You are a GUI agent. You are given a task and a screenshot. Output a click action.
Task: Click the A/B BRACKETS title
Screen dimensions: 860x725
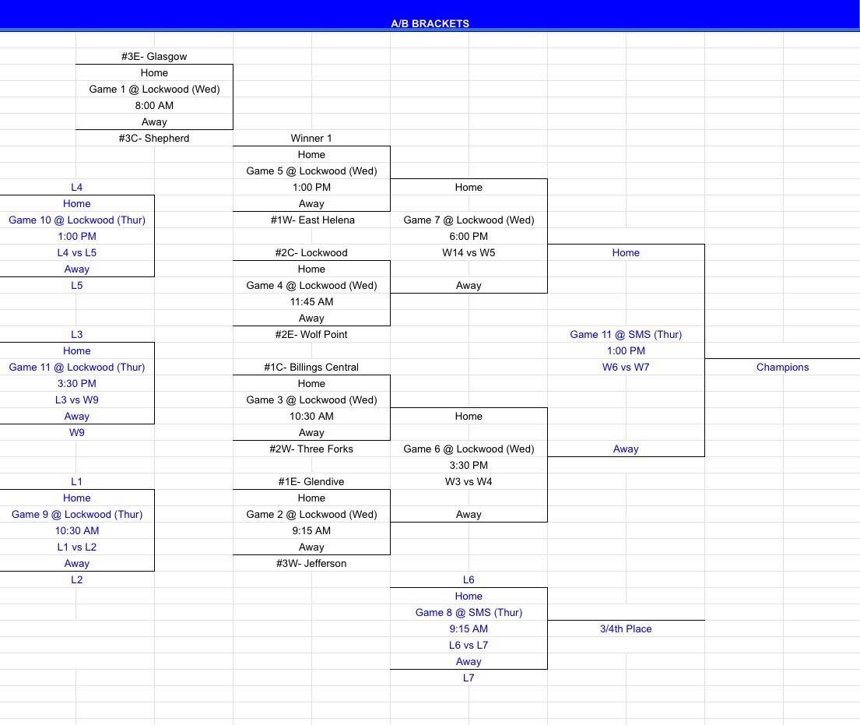(x=430, y=23)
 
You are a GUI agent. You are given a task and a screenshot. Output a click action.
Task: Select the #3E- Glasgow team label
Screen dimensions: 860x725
(x=154, y=57)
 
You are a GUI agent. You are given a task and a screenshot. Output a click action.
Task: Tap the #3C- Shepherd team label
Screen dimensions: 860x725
(x=154, y=139)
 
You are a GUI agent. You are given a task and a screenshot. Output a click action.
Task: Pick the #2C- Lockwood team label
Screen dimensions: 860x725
(x=311, y=253)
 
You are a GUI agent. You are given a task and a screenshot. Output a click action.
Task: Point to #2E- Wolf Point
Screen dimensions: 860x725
(x=311, y=335)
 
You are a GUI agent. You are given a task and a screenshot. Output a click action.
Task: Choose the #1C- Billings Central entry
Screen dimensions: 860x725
(x=311, y=367)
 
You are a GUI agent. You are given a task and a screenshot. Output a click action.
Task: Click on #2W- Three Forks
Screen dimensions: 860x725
(x=311, y=449)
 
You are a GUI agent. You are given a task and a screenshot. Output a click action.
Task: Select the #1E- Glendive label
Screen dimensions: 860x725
(x=311, y=482)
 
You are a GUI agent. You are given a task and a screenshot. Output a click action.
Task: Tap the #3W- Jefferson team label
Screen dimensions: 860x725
(x=311, y=564)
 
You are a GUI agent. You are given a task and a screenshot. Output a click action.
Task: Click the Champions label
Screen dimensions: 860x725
(x=783, y=367)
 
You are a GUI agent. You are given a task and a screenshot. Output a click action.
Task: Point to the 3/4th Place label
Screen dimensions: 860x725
(x=626, y=629)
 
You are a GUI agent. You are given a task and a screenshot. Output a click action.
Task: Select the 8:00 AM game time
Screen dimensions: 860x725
(x=154, y=105)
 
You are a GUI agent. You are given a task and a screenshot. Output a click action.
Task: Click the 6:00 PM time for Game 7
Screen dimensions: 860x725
(x=469, y=237)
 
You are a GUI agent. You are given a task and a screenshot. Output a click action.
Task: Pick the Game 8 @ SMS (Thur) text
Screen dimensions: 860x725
(x=469, y=613)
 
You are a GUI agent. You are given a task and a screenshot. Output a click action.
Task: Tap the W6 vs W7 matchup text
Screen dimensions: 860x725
(x=626, y=367)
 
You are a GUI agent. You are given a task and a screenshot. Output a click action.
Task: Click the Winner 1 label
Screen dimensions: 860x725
(x=311, y=139)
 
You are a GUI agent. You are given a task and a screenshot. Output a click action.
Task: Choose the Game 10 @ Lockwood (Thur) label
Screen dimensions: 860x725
(x=77, y=220)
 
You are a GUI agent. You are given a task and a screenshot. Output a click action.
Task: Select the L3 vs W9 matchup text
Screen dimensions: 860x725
(x=77, y=400)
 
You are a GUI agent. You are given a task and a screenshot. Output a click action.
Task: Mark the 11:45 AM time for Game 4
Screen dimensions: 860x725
(x=311, y=302)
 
